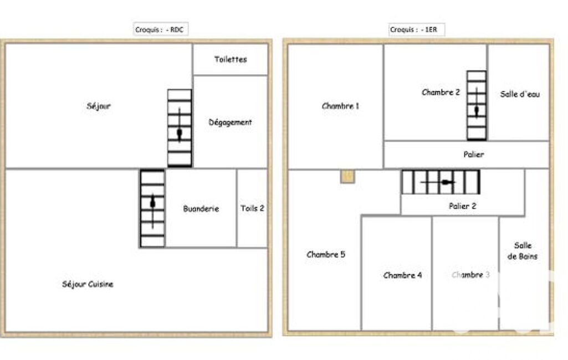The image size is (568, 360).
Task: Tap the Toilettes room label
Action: coord(231,59)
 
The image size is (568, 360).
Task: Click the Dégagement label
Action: coord(230,122)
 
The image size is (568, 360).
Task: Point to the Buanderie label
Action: coord(201,209)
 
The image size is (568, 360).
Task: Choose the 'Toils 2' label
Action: coord(253,208)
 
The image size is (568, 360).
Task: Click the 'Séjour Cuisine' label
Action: coord(88,284)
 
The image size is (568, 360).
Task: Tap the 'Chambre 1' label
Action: coord(340,106)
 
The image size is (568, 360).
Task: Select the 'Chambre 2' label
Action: coord(441,92)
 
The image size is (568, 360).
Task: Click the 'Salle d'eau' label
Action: coord(520,94)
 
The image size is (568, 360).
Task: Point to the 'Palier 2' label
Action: coord(463,206)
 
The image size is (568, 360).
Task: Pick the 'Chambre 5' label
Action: coord(326,255)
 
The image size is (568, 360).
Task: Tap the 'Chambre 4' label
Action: coord(402,275)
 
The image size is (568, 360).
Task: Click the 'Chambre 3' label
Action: coord(470,275)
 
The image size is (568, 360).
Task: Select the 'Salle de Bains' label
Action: coord(523,251)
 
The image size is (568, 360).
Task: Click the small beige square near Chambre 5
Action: coord(347,176)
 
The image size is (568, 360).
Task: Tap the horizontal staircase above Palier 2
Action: coord(441,182)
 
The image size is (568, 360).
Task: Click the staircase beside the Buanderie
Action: coord(152,209)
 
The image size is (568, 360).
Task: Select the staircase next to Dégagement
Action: coord(180,128)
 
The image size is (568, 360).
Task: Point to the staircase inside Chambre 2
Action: coord(477,105)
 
